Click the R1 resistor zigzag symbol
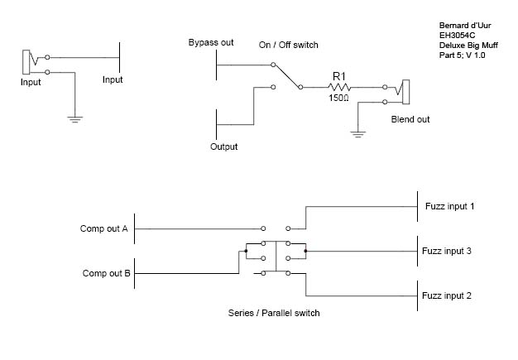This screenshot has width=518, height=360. (339, 87)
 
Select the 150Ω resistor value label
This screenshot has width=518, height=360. (338, 98)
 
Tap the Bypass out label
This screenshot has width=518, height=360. (211, 42)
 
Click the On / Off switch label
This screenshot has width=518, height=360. (289, 45)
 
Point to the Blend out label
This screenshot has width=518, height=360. (410, 119)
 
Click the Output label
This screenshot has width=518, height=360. (224, 146)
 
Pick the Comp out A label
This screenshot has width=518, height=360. (103, 228)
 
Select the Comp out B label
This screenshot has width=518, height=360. (107, 273)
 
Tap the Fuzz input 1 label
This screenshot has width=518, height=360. (449, 206)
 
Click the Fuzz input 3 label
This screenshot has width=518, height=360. (447, 251)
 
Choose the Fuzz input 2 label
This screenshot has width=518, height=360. (447, 295)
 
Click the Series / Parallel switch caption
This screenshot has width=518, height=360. (274, 313)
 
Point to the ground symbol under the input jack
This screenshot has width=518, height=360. (75, 119)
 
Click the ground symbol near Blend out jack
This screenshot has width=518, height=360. (358, 134)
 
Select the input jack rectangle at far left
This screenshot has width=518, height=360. (26, 62)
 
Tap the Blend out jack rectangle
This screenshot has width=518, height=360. (406, 92)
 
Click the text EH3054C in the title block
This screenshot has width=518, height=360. (458, 36)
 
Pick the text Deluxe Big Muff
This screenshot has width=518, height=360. (468, 46)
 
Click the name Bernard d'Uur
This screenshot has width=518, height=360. (465, 26)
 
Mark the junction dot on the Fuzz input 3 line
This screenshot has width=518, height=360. (305, 251)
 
